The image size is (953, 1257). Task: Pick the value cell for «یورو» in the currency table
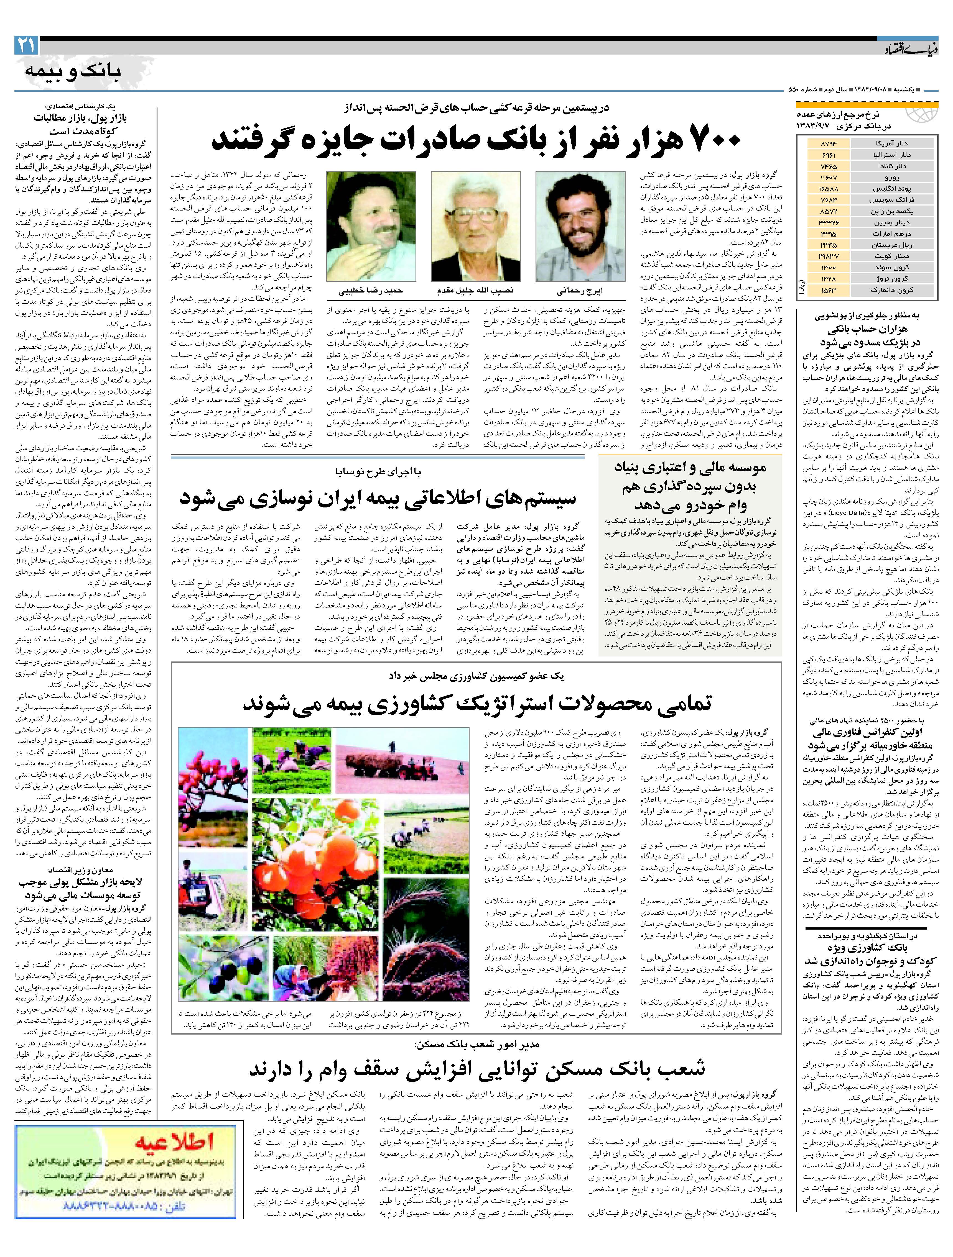[829, 178]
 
